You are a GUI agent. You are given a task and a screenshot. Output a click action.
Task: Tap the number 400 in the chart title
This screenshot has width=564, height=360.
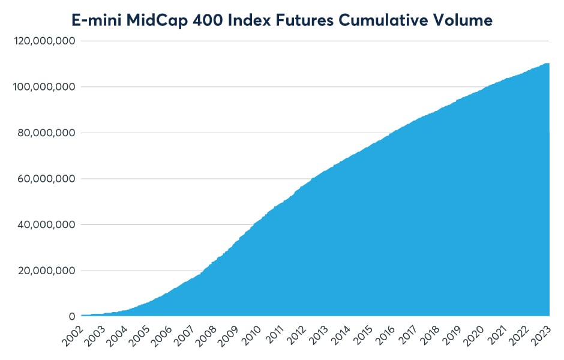208,20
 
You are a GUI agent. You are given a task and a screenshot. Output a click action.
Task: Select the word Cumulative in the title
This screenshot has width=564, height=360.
383,20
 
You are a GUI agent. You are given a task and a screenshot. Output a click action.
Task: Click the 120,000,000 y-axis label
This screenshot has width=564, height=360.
44,41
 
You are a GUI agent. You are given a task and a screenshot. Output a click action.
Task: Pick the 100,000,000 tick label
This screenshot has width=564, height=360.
44,86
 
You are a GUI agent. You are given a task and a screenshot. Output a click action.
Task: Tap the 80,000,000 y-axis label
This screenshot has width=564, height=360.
47,133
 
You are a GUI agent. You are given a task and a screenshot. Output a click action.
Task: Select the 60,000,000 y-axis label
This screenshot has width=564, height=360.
47,179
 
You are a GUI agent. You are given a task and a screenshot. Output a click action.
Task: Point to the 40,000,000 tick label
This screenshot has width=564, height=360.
47,224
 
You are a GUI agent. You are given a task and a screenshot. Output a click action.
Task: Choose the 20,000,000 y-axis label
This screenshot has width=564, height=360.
47,271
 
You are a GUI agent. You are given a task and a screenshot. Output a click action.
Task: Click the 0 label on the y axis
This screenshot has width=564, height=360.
72,316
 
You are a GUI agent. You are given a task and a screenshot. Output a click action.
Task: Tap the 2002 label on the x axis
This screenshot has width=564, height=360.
73,336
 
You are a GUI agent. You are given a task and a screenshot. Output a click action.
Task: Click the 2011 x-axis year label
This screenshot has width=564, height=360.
274,336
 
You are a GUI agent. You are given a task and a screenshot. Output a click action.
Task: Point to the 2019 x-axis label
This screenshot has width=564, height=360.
452,336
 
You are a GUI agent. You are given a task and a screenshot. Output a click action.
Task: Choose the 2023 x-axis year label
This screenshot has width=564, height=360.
541,336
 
